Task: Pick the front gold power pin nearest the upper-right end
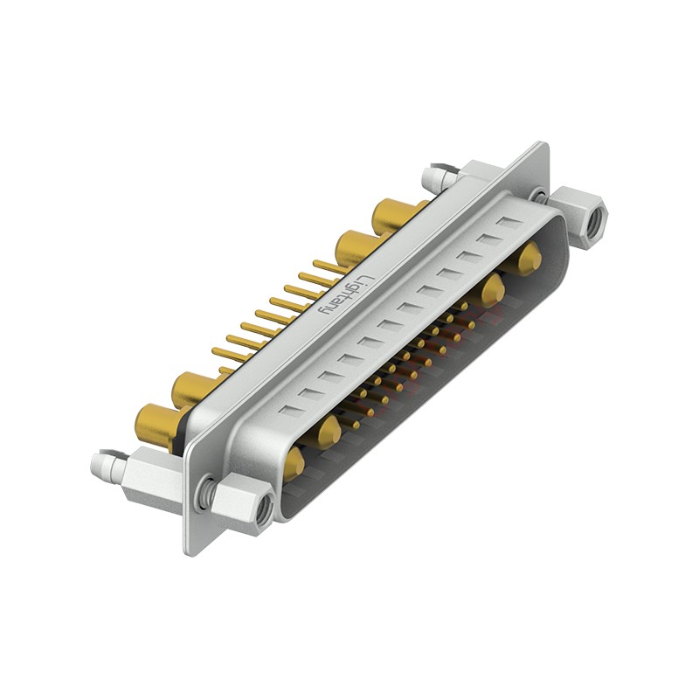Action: point(528,260)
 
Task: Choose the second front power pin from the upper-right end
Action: point(494,287)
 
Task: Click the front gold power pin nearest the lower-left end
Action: point(294,461)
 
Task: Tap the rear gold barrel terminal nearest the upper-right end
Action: point(395,215)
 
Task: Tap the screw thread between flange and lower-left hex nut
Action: point(207,494)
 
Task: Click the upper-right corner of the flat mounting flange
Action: point(543,147)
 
